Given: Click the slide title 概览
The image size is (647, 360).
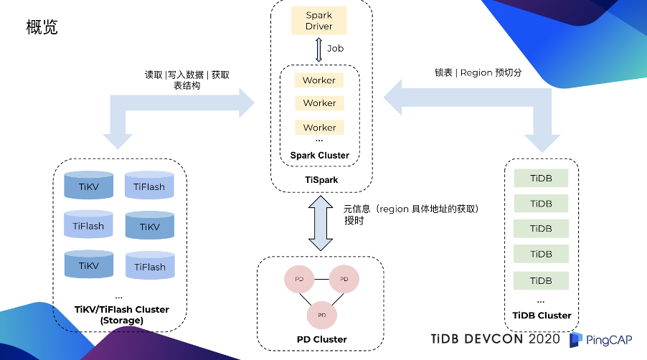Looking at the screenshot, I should point(42,28).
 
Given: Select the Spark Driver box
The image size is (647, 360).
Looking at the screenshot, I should point(319,21).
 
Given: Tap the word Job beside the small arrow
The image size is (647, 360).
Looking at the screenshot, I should point(336,49).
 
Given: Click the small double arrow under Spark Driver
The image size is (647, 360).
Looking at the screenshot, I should point(318,49).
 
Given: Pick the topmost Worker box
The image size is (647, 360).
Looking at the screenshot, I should point(319,80).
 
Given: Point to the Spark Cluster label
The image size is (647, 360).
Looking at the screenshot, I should point(319,155).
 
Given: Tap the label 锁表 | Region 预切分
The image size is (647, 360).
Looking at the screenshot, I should point(478,72).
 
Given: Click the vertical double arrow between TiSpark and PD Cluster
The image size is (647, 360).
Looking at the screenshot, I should point(319,223).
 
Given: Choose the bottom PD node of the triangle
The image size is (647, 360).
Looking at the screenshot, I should point(321,315).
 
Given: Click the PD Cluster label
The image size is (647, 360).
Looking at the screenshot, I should point(321,339).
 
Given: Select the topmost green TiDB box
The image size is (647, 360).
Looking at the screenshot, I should point(541,179).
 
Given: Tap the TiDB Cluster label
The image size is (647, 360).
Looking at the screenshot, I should point(542,316).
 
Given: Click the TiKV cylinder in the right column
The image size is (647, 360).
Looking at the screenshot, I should point(149,226).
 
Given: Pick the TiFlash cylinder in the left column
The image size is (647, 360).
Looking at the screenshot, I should point(88,225).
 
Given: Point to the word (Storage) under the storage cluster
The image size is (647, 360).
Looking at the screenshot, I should point(122,321).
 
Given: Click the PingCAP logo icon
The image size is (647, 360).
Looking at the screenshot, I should point(575,340).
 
